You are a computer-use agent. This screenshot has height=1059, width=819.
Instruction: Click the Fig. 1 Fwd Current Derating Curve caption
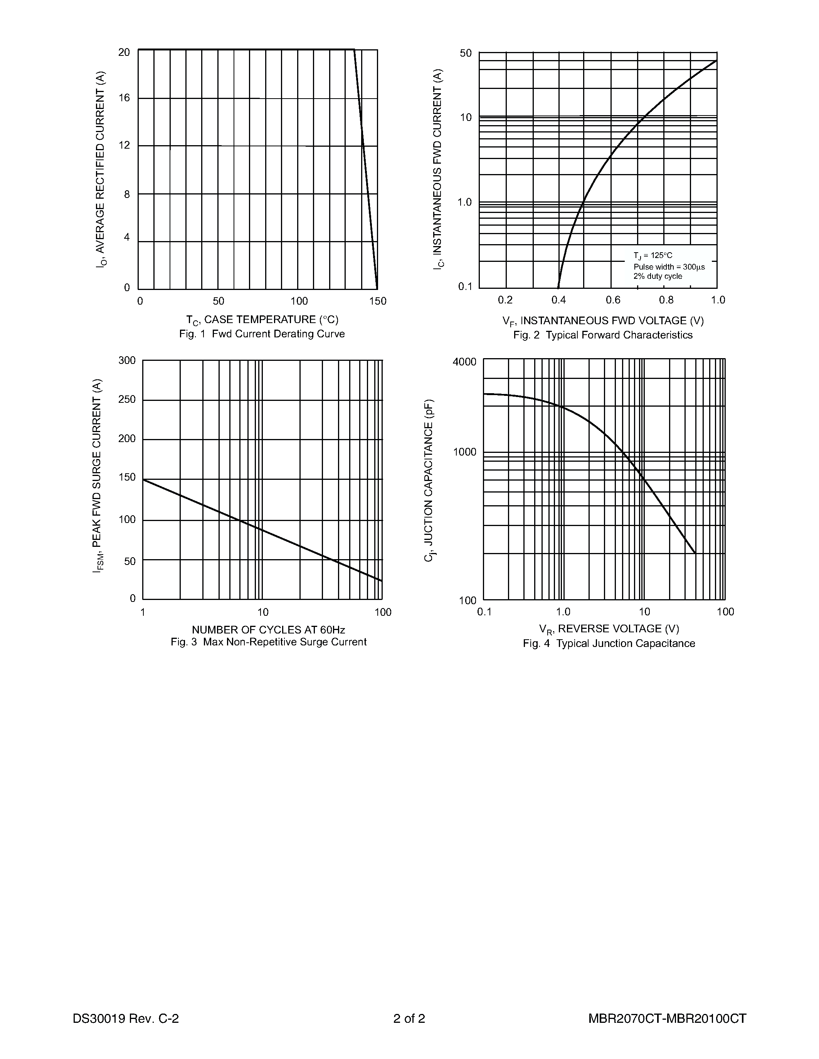(x=262, y=334)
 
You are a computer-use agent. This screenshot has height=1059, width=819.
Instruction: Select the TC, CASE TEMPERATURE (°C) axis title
(x=262, y=320)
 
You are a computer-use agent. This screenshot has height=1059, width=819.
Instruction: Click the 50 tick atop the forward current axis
(x=466, y=53)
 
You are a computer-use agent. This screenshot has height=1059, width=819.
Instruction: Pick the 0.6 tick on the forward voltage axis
(x=613, y=300)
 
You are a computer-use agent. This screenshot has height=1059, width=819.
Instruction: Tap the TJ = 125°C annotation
(x=653, y=256)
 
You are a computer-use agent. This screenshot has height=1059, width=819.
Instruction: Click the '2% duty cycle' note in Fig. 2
(x=658, y=276)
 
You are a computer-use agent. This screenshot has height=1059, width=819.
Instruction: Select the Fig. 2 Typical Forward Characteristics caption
(x=603, y=335)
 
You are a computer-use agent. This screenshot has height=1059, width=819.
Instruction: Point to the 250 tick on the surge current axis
(x=127, y=400)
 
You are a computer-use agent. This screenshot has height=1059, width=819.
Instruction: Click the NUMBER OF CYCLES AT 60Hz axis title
(x=268, y=630)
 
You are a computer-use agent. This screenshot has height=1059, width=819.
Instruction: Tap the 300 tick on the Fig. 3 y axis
(x=127, y=360)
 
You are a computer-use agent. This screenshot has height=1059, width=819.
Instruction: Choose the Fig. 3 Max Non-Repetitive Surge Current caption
(x=269, y=642)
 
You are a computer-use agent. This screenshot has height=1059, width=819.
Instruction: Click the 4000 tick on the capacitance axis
(x=465, y=362)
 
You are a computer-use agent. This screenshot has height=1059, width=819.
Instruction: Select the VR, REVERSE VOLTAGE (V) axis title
(x=609, y=629)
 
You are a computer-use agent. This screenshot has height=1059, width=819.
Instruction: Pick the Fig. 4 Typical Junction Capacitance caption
(x=609, y=643)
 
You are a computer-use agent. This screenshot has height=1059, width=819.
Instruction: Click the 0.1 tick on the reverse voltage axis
(x=484, y=612)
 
